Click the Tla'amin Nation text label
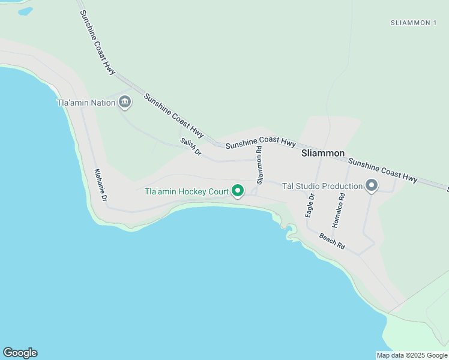[x=86, y=103]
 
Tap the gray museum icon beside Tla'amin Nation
[x=125, y=102]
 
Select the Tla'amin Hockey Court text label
[x=187, y=192]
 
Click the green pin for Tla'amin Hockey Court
[x=238, y=191]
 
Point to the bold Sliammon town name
[x=323, y=153]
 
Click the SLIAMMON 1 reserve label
[x=413, y=23]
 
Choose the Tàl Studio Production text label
[x=322, y=186]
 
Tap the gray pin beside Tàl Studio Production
[x=372, y=186]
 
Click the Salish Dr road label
[x=191, y=148]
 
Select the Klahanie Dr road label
[x=101, y=185]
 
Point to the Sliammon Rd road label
[x=260, y=165]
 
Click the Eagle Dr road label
[x=310, y=206]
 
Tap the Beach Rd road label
[x=333, y=241]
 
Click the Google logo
[x=20, y=353]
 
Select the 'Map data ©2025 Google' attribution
[x=412, y=355]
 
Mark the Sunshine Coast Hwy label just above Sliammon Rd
[x=261, y=143]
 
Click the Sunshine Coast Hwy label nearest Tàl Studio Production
[x=383, y=170]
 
